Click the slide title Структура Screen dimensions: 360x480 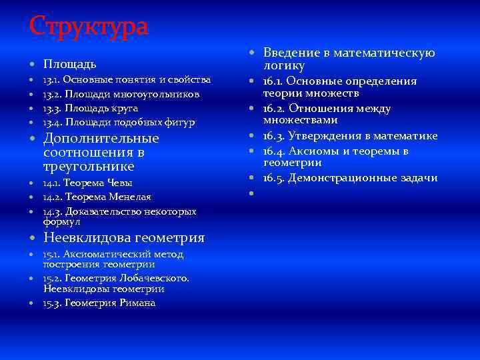tap(89, 27)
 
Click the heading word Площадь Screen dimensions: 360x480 tap(70, 65)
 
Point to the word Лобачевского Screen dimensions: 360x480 tap(155, 278)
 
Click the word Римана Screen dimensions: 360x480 tap(137, 303)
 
